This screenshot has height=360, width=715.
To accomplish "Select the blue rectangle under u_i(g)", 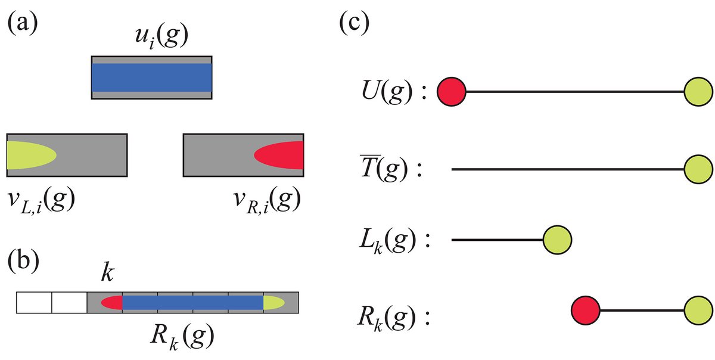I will [x=151, y=77].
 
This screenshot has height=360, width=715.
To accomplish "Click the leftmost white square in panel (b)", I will [x=34, y=303].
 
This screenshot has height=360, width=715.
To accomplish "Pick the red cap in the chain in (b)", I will [x=112, y=303].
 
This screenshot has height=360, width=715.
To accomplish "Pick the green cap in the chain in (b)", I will [x=273, y=303].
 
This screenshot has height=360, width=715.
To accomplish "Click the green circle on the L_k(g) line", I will [x=558, y=240].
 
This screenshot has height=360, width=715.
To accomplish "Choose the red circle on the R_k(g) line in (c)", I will [x=585, y=311].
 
